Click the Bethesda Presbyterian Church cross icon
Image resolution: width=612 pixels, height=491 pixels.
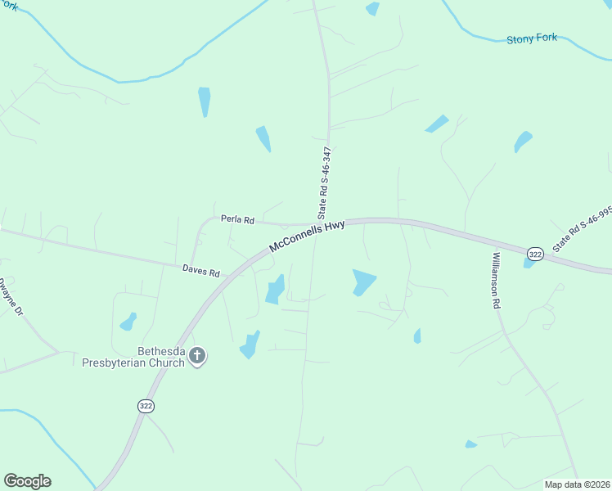click(x=196, y=356)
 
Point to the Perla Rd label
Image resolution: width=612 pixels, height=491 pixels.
click(x=238, y=220)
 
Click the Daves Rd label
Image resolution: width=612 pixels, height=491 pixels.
click(x=201, y=271)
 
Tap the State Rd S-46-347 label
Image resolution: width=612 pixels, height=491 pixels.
click(x=323, y=182)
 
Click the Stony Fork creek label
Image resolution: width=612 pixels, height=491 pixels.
click(x=532, y=38)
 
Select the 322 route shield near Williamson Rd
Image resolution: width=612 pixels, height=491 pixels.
click(x=535, y=255)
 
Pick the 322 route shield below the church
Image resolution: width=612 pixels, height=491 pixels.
click(x=146, y=406)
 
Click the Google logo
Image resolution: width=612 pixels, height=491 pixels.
click(x=27, y=481)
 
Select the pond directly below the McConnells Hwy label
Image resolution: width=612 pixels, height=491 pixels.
click(x=275, y=290)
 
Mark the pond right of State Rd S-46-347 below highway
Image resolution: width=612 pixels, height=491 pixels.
click(x=362, y=282)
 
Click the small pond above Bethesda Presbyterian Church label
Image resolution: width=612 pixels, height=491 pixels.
click(x=128, y=322)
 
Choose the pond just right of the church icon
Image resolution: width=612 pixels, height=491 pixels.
click(x=250, y=345)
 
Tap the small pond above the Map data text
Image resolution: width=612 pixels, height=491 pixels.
click(x=470, y=444)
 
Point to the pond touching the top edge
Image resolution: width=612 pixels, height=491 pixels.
click(x=372, y=8)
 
